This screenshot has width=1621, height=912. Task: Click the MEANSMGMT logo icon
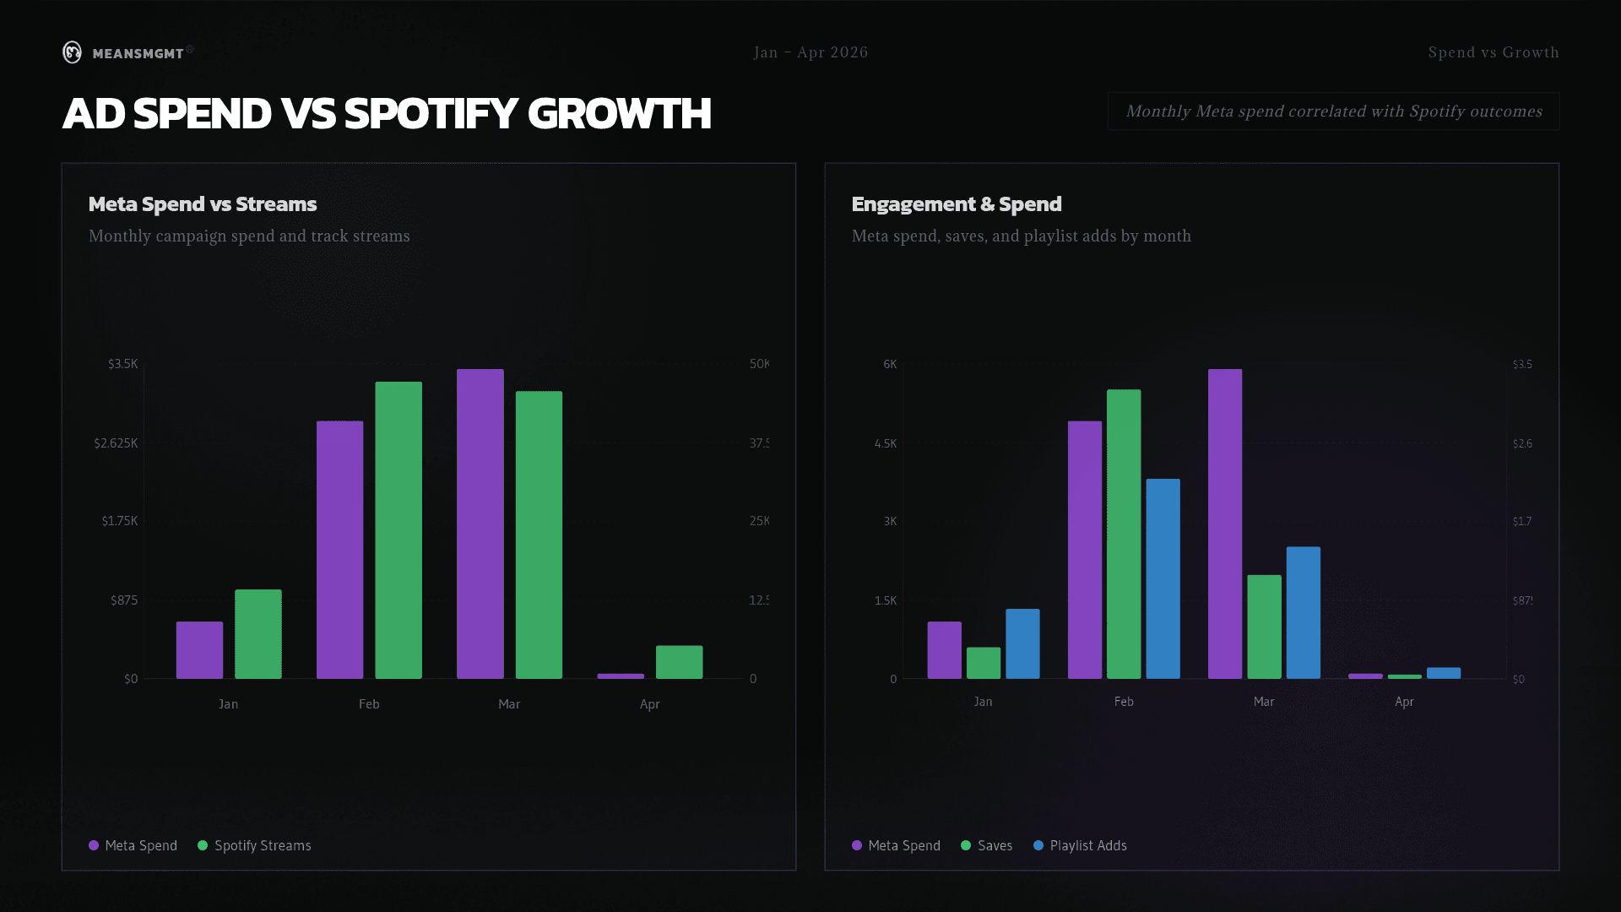(x=73, y=52)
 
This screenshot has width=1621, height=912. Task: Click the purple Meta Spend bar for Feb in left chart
(x=339, y=549)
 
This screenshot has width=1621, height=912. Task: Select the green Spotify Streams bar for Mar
(x=539, y=534)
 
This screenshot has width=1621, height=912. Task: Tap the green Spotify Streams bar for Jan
(x=258, y=633)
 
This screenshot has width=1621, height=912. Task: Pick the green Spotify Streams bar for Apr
(x=679, y=661)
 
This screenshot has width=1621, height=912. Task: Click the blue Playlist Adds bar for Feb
(x=1163, y=578)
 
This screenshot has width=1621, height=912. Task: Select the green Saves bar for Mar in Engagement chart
(x=1264, y=627)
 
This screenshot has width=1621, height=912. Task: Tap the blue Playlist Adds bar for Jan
(x=1022, y=643)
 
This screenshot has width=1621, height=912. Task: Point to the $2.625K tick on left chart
(x=116, y=443)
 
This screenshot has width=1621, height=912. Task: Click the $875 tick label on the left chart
(x=123, y=600)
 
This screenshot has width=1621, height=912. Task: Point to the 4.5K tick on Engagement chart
(x=885, y=443)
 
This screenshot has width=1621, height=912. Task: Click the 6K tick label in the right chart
(x=889, y=364)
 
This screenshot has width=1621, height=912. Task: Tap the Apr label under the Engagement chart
(x=1403, y=702)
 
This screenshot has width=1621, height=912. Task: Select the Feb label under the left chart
(x=369, y=704)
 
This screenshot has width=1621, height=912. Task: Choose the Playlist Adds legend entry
(x=1087, y=845)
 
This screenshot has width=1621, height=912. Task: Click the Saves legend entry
(x=994, y=845)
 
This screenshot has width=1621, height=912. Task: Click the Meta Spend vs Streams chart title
(x=203, y=204)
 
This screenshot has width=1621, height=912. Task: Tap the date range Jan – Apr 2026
(x=810, y=52)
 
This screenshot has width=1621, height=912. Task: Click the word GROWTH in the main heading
(x=619, y=114)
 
